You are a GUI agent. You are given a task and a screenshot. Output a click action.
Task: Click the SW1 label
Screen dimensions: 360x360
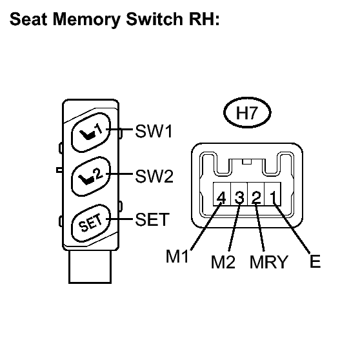(x=154, y=132)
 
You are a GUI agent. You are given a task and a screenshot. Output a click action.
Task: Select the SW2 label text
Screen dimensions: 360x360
(x=154, y=176)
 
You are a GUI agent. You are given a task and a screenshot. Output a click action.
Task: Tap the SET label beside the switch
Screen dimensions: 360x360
(x=152, y=219)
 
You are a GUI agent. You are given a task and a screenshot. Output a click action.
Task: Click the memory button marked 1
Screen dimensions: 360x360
(x=91, y=132)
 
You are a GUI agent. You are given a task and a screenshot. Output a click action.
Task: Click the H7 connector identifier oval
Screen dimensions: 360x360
(x=247, y=112)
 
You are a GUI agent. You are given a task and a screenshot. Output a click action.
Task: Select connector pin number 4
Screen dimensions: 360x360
(x=221, y=197)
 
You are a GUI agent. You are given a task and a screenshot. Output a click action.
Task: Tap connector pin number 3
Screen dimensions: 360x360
(x=239, y=197)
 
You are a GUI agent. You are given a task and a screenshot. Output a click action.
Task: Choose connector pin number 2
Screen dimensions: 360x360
(x=256, y=197)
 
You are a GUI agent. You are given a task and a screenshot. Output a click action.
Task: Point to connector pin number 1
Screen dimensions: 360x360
(x=273, y=197)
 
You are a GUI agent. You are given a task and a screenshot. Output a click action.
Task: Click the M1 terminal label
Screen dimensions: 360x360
(x=177, y=256)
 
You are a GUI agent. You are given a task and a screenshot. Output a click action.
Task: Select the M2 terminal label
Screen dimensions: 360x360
(x=223, y=262)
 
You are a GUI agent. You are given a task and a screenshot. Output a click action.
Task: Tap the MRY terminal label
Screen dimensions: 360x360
(x=268, y=262)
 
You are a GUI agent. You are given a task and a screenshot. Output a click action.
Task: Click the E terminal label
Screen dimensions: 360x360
(x=315, y=261)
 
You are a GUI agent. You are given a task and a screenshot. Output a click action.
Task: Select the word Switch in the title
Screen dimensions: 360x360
(x=154, y=19)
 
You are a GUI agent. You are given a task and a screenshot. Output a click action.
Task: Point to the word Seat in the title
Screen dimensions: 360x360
(x=28, y=19)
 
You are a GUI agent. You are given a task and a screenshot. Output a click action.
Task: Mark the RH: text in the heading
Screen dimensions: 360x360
(x=205, y=19)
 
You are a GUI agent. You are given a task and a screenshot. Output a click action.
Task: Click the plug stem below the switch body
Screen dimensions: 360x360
(x=90, y=267)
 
